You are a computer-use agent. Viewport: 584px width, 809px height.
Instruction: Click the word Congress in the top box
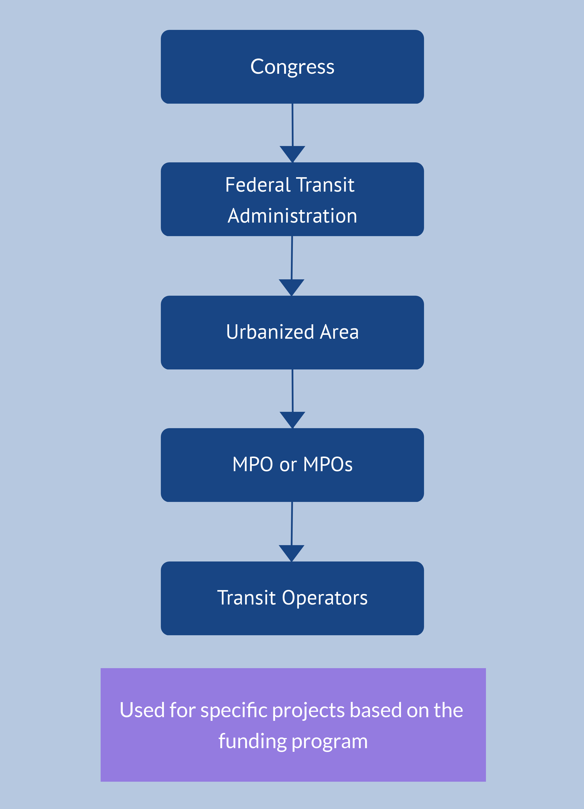click(x=292, y=67)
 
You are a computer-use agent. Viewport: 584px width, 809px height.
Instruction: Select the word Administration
click(x=292, y=216)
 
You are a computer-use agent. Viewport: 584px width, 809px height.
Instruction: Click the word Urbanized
click(x=270, y=332)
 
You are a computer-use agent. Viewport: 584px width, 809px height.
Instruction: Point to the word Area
click(x=339, y=332)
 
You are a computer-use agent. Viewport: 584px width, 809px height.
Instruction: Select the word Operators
click(x=325, y=598)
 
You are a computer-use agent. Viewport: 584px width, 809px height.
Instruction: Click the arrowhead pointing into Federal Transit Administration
click(x=292, y=153)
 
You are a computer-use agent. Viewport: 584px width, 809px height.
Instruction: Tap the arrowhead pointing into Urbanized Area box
click(x=292, y=286)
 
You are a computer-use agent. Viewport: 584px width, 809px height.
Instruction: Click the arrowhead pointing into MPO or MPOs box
click(x=292, y=419)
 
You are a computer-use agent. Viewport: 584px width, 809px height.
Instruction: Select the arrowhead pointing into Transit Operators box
click(x=292, y=552)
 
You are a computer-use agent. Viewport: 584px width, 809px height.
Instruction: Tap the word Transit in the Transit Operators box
click(x=246, y=598)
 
